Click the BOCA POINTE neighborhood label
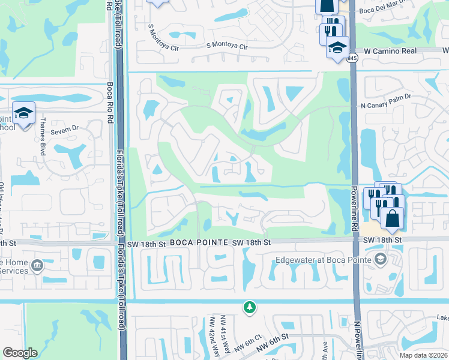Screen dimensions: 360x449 click(198, 242)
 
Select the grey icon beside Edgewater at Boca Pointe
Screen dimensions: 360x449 click(379, 259)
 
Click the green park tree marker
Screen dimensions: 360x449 click(249, 307)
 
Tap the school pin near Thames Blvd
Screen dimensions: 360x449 click(24, 113)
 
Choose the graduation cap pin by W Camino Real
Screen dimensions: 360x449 click(337, 47)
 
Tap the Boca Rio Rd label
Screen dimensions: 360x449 click(110, 102)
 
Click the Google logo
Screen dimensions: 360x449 click(20, 353)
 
